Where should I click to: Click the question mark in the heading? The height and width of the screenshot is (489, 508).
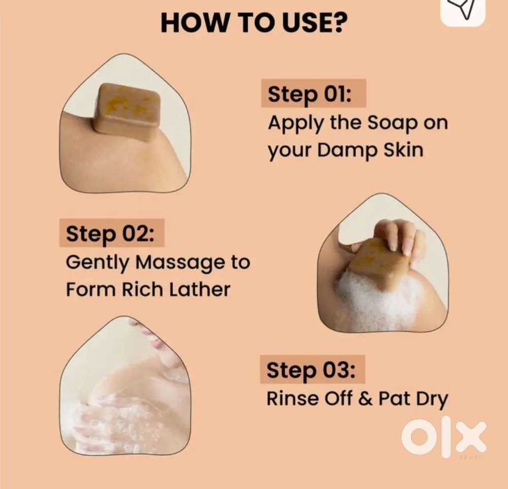(338, 22)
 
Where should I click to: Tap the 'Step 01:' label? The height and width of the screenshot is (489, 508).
(309, 94)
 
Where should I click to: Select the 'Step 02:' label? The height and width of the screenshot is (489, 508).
(110, 234)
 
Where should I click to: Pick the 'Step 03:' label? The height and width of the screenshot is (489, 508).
(311, 370)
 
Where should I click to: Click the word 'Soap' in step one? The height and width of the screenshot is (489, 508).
(392, 124)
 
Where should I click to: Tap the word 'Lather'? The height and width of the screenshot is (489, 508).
(200, 289)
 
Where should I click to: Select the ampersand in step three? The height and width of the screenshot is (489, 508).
(365, 398)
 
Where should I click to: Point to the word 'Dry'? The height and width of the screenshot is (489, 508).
(432, 400)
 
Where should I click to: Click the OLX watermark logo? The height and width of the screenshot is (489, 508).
(444, 437)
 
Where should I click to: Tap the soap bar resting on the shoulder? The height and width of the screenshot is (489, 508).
(128, 111)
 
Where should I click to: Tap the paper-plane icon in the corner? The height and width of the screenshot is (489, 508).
(463, 9)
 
